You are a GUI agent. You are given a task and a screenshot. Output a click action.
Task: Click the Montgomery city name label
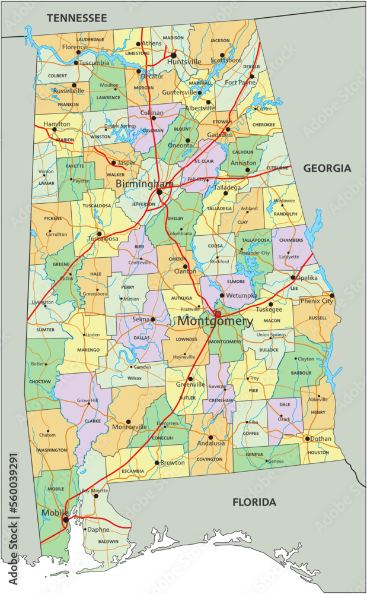coord(215,321)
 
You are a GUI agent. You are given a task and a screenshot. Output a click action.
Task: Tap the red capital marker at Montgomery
coord(218,314)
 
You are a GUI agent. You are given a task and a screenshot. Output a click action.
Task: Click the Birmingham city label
coord(144,184)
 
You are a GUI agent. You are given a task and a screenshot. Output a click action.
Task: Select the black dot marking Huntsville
coord(174,55)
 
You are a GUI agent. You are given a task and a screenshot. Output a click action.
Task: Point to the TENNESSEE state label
coord(77,18)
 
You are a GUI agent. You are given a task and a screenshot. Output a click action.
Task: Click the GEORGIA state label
coord(327,169)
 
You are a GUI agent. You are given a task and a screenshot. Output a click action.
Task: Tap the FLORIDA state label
coord(254,503)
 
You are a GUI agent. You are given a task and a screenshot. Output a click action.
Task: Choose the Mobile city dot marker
coord(65,520)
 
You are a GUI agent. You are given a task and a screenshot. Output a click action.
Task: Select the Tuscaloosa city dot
coord(100,233)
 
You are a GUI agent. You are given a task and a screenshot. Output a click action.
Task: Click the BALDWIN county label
coord(108,541)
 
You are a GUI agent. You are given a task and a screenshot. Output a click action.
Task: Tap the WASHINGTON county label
coord(52,450)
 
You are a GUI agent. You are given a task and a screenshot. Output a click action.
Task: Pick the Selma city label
coord(141,320)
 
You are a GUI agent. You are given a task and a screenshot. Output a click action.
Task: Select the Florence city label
coord(74,46)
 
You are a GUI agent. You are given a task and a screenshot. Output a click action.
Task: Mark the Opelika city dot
coord(293,277)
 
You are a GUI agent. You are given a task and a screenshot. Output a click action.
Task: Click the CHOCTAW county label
coord(39,381)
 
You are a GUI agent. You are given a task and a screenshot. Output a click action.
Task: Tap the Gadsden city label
coord(219,135)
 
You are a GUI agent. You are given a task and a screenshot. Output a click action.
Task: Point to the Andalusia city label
coord(211,443)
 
